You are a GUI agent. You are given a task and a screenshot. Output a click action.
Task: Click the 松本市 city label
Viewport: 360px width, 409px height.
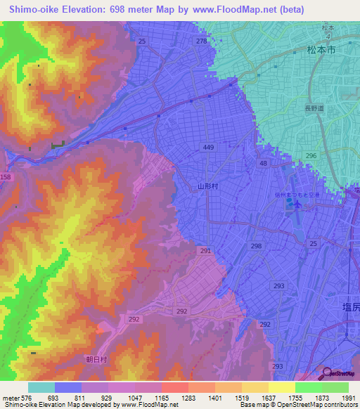pyautogui.click(x=322, y=51)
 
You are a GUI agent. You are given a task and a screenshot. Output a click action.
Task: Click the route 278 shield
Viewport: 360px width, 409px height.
pyautogui.click(x=202, y=41)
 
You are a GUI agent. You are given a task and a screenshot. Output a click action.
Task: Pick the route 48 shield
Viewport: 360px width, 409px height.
pyautogui.click(x=263, y=163)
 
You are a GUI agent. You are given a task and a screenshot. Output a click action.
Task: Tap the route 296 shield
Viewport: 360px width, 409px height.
pyautogui.click(x=311, y=155)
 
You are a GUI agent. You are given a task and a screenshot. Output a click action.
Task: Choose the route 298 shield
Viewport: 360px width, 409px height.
pyautogui.click(x=256, y=246)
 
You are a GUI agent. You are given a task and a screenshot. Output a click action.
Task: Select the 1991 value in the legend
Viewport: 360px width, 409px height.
pyautogui.click(x=349, y=397)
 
